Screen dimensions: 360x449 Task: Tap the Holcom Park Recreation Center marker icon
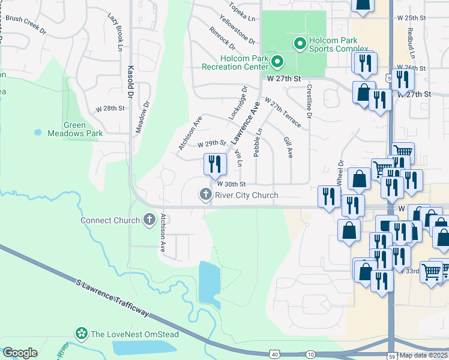[277, 62]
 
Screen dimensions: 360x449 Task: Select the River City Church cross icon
[205, 195]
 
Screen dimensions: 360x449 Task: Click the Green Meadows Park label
[75, 129]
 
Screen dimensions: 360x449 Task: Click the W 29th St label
[211, 144]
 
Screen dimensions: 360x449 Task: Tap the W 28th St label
[110, 109]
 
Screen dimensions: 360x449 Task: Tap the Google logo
[19, 353]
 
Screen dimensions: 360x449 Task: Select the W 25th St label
[411, 19]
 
